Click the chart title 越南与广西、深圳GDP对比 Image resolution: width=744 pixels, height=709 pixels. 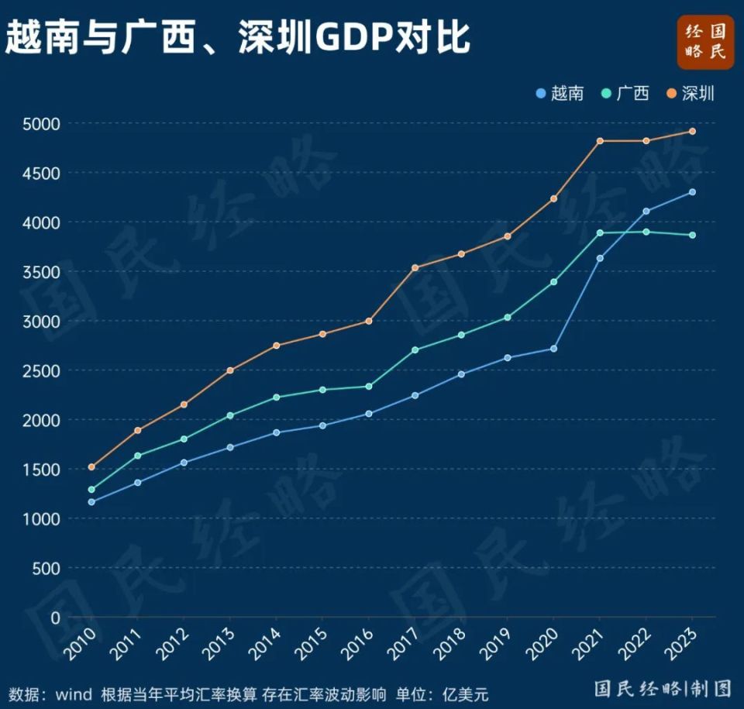click(x=237, y=37)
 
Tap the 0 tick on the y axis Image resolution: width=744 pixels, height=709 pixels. click(x=55, y=618)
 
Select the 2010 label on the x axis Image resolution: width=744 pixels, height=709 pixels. click(x=82, y=643)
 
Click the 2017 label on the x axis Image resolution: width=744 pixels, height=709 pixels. click(x=405, y=643)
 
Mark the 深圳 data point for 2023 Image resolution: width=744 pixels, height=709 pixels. click(x=692, y=132)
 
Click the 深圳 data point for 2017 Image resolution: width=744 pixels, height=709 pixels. click(x=415, y=268)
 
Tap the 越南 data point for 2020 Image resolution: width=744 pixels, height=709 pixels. click(x=553, y=349)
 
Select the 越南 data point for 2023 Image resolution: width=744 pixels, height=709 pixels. click(x=692, y=192)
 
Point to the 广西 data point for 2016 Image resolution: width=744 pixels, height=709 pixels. click(x=369, y=387)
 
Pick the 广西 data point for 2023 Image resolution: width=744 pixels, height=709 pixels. click(x=692, y=235)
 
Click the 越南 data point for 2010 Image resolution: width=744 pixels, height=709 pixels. click(x=91, y=502)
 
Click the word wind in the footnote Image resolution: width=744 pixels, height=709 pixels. click(x=74, y=693)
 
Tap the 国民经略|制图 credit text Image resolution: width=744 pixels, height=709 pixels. click(x=663, y=688)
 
